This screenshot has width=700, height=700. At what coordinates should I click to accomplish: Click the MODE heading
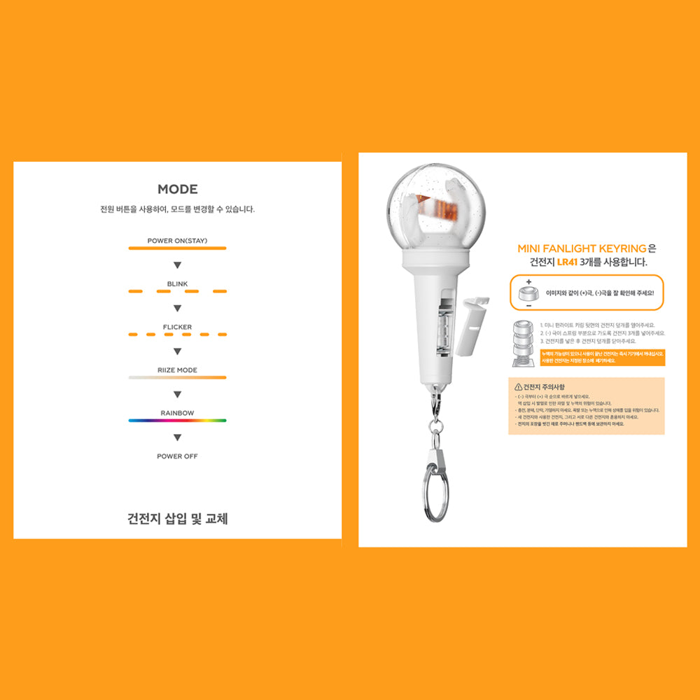click(x=177, y=189)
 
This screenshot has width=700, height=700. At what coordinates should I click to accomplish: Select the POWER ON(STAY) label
click(x=177, y=241)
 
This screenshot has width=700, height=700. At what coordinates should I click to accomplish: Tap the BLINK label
click(x=177, y=284)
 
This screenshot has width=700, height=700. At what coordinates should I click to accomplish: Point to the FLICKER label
click(x=177, y=327)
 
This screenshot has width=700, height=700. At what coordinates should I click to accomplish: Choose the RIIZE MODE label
click(x=177, y=370)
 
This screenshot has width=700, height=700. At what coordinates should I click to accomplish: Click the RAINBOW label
click(x=177, y=413)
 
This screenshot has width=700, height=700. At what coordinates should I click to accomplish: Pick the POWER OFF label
click(x=177, y=456)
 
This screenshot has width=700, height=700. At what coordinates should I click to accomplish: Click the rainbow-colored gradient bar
click(x=177, y=421)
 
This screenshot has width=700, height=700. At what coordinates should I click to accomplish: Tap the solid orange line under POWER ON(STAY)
click(x=177, y=248)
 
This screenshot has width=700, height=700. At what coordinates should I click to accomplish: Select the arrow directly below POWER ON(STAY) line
click(x=177, y=265)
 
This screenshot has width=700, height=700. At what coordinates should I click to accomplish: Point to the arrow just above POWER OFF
click(x=177, y=437)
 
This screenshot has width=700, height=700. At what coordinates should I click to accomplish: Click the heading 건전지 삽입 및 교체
click(x=177, y=519)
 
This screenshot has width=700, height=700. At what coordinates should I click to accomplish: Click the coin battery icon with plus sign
click(x=527, y=295)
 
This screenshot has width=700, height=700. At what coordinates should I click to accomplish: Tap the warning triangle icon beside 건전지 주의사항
click(x=518, y=387)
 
